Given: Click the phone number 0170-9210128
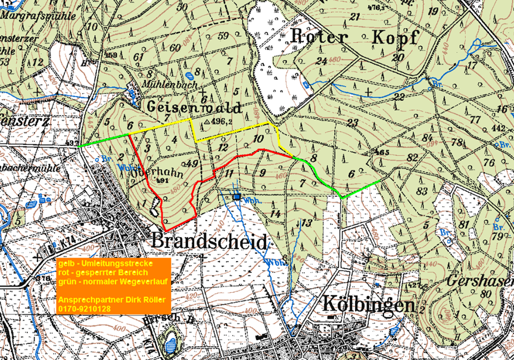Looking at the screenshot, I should pos(84,309).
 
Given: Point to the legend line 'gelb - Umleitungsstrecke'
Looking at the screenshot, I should pos(105,263).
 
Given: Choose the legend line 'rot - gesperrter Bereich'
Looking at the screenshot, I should pos(102,272).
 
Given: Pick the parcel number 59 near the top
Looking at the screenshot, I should pos(223,36).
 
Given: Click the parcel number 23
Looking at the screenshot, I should pos(353,123).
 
